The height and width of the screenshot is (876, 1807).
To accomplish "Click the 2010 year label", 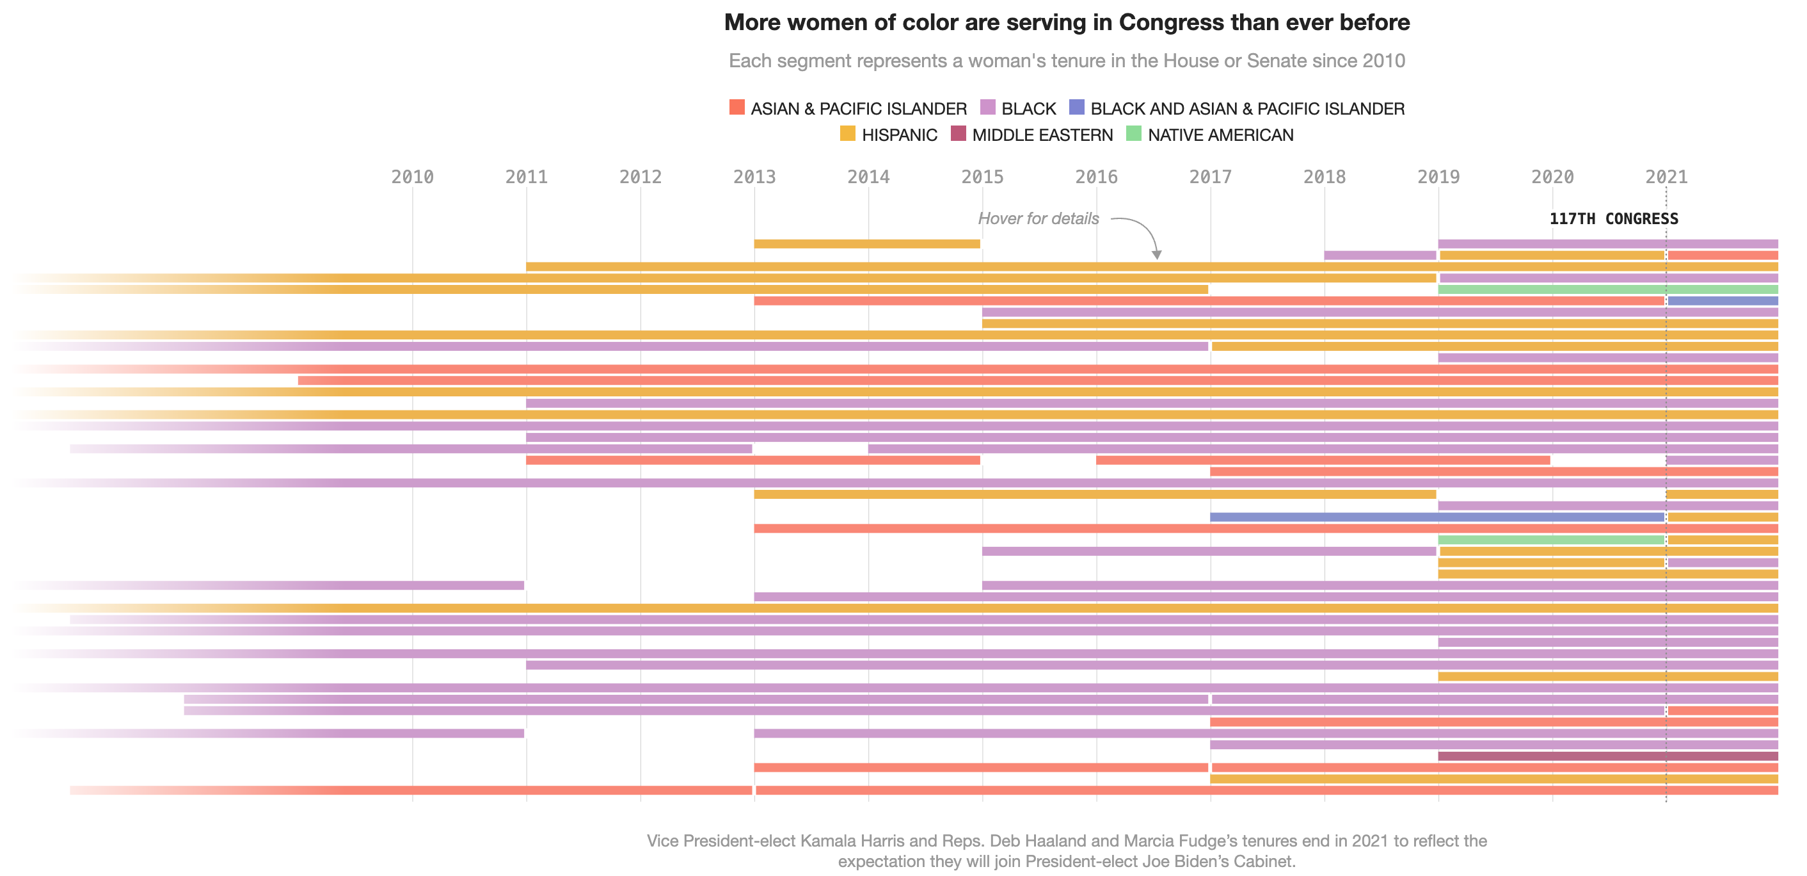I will pos(412,177).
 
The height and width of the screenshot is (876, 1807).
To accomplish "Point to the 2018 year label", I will pos(1324,177).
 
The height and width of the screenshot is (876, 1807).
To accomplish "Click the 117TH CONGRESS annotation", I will pos(1612,219).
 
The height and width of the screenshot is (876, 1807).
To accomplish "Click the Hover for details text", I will pos(1037,219).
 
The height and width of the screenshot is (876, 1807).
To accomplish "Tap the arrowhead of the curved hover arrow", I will pos(1156,255).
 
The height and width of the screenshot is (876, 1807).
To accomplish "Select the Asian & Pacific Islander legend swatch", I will pos(736,108).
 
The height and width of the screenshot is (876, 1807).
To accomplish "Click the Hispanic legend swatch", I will pos(847,133).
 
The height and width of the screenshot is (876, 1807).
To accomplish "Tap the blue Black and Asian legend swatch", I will pos(1076,108).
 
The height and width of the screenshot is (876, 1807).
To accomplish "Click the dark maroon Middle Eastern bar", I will pos(1606,756).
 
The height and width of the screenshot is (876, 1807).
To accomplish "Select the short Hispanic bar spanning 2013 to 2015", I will pos(866,243).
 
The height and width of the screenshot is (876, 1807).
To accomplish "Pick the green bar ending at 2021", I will pos(1550,540).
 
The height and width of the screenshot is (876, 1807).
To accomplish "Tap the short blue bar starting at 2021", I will pos(1722,301).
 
